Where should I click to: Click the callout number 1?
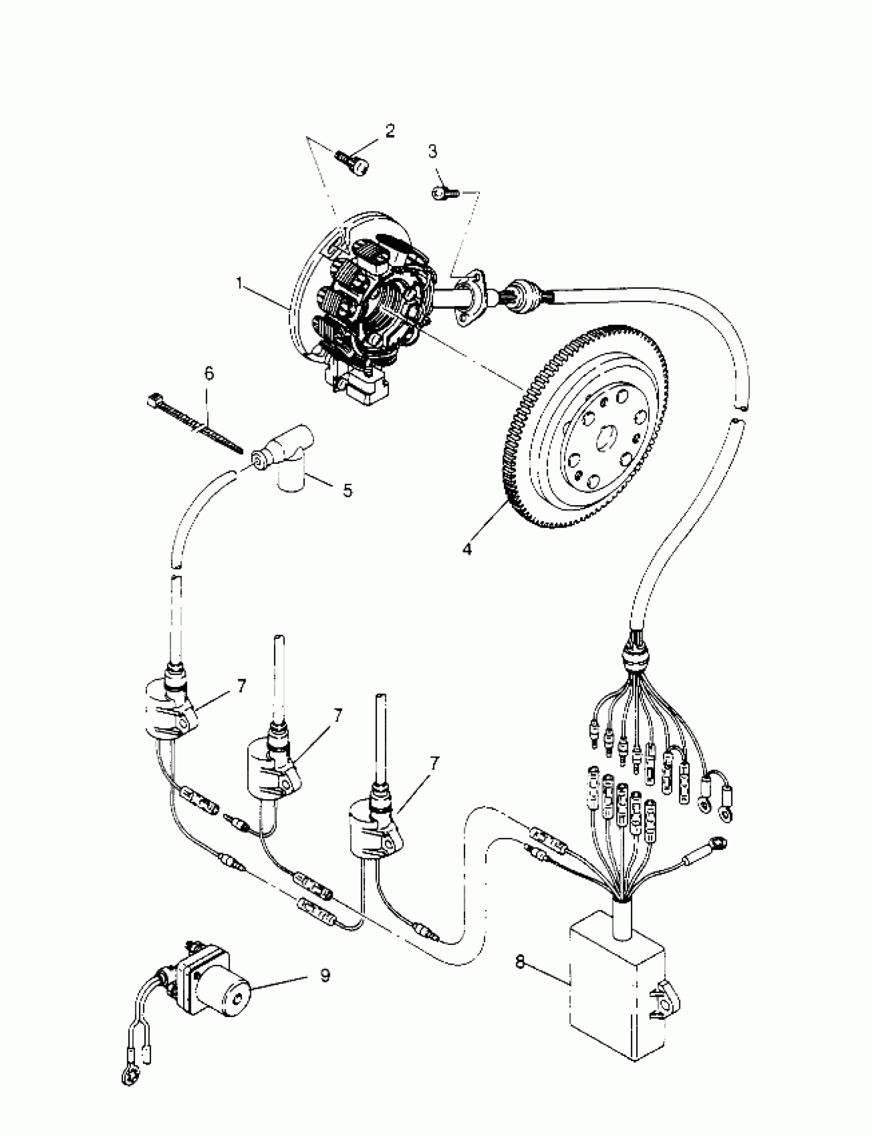(x=239, y=283)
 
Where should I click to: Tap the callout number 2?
(x=389, y=131)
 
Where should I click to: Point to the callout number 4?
(x=467, y=549)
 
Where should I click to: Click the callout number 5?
(x=347, y=490)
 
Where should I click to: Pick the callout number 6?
(x=209, y=374)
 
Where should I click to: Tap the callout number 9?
(x=324, y=976)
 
